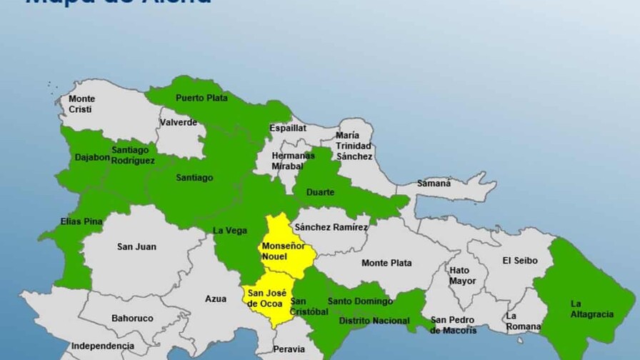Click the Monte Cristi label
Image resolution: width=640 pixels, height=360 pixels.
81,104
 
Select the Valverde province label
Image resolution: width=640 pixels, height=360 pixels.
179,122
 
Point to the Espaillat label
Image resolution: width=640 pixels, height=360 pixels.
288,128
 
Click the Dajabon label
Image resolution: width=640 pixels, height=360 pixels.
91,156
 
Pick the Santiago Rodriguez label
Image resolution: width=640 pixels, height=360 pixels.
133,155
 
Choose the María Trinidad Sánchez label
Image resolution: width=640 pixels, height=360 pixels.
354,145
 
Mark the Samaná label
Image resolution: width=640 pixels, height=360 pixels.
434,184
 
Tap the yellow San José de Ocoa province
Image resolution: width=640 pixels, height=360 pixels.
265,297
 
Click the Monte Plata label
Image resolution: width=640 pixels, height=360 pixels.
386,263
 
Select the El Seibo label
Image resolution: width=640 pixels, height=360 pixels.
519,260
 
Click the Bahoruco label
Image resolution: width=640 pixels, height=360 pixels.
132,318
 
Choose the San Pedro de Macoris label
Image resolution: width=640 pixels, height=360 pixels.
454,324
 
